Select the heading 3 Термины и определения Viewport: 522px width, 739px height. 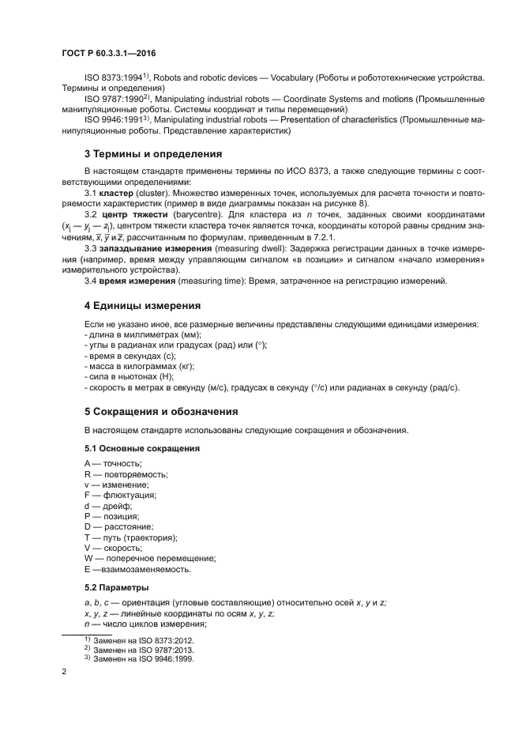pyautogui.click(x=153, y=153)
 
